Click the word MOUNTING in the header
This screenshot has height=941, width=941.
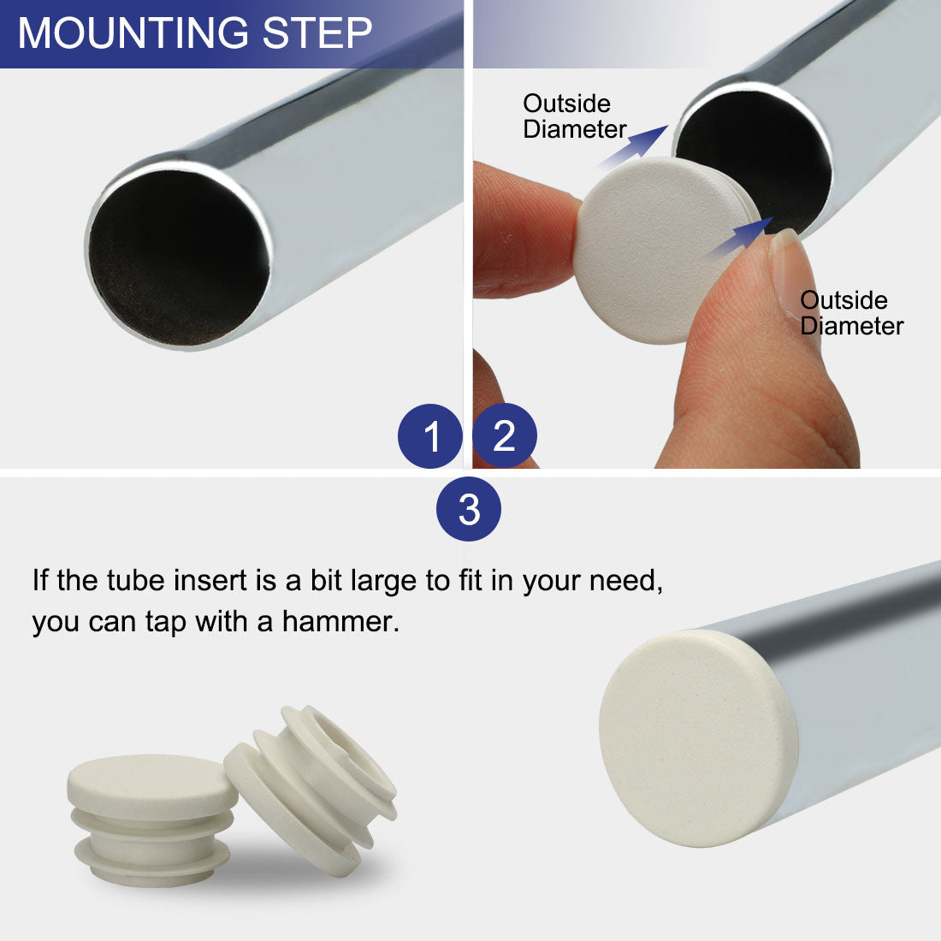click(x=133, y=33)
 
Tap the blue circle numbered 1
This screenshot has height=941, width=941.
click(x=429, y=436)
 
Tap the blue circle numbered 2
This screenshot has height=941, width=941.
click(x=505, y=435)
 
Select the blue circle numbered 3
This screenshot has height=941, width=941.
click(x=469, y=509)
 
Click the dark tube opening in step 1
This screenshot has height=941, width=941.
click(x=178, y=258)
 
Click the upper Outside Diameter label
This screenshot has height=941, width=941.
click(x=574, y=116)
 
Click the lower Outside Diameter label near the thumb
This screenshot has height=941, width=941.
click(x=851, y=313)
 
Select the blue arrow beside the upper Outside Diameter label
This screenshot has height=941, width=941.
click(x=634, y=146)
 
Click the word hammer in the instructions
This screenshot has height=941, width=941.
click(x=340, y=622)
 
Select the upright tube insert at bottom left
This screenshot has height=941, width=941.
click(x=152, y=820)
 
